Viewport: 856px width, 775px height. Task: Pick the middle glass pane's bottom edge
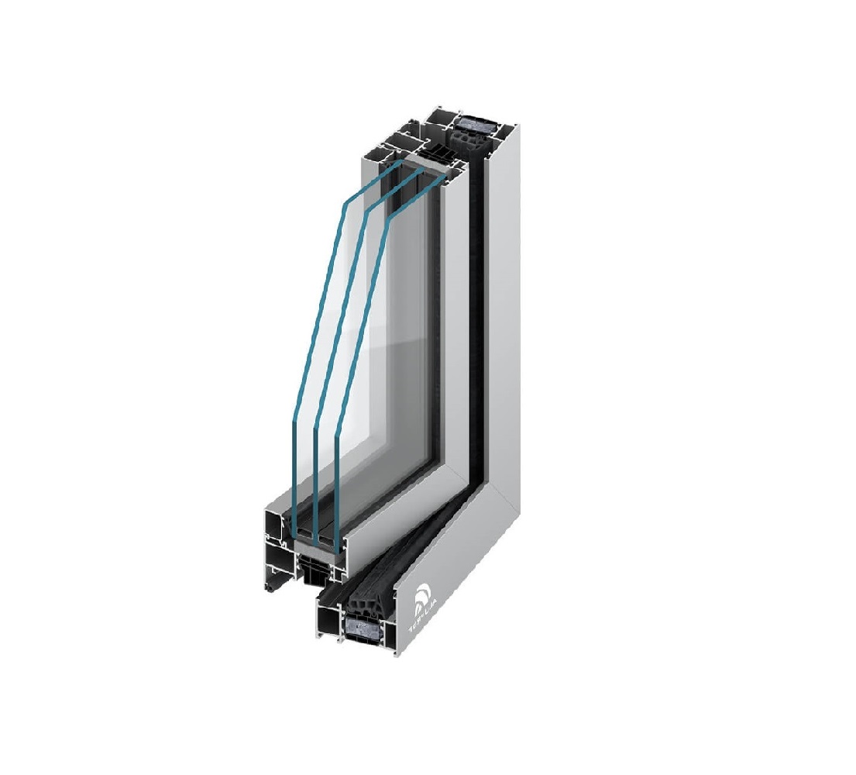(316, 538)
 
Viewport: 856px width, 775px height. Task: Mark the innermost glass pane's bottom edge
(338, 542)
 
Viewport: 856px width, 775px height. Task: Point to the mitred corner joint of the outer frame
(473, 484)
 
